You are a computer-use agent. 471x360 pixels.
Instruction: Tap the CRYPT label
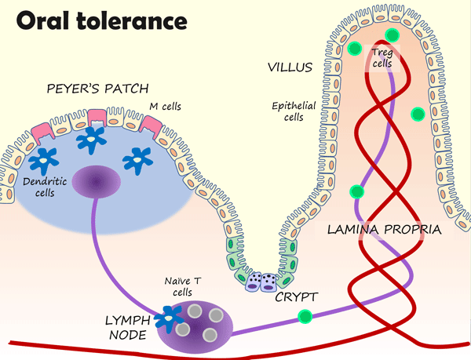(x=294, y=298)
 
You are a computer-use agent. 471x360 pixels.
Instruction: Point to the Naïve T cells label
(x=179, y=285)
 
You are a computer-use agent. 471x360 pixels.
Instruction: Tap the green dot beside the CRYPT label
(x=305, y=317)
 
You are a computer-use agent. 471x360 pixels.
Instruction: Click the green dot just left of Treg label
(x=358, y=49)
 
